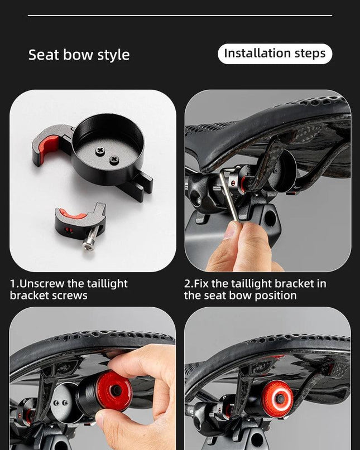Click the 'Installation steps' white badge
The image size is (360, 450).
pos(275,54)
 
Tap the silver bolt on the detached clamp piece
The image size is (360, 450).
pos(92,239)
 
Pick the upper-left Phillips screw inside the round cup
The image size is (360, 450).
pos(100,150)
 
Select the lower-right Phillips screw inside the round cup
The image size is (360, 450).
pos(114,159)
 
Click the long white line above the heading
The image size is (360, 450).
pos(180,15)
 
